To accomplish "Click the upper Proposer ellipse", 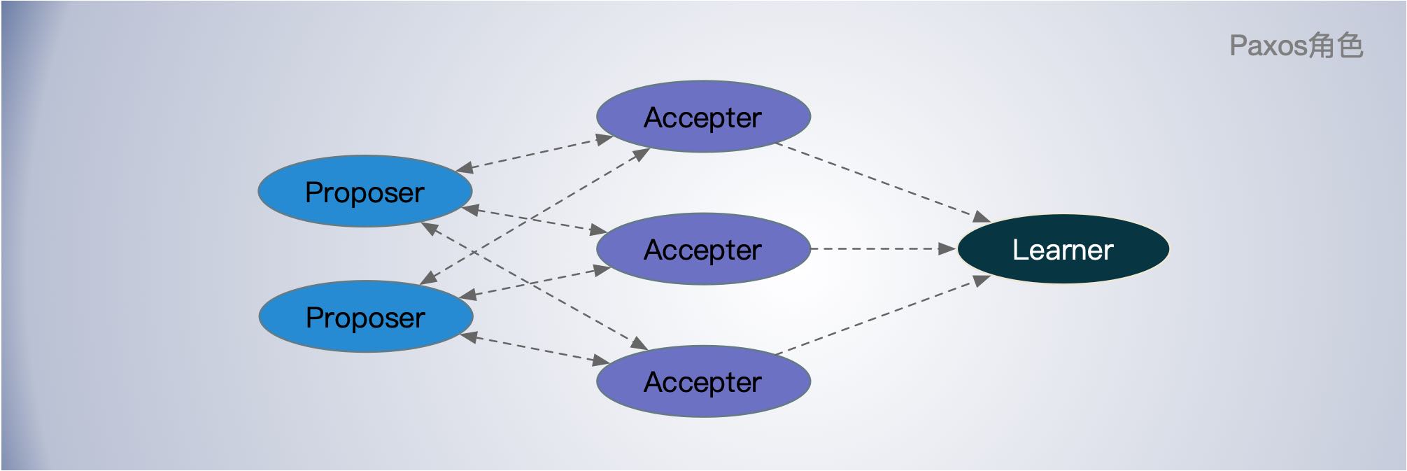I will (365, 191).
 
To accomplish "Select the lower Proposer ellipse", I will (365, 316).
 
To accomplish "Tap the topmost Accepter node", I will (703, 116).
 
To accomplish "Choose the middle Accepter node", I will (703, 248).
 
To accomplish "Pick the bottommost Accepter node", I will (703, 381).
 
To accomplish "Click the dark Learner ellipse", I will (1063, 249).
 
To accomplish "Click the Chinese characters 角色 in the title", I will (1336, 46).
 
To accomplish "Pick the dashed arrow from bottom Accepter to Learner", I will (882, 315).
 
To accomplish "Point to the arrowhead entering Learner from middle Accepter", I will (947, 248).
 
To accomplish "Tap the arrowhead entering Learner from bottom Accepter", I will (982, 280).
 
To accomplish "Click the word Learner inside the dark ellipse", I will (1063, 250).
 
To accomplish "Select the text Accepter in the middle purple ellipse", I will (703, 250).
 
